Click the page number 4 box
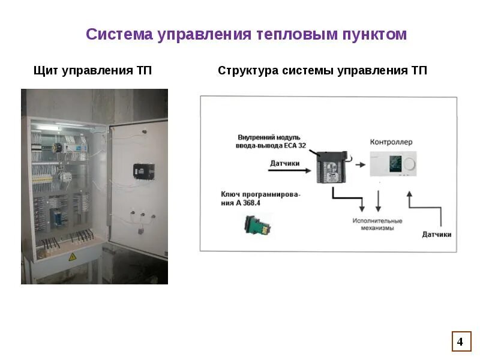point(460,341)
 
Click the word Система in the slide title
point(119,34)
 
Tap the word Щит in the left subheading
point(47,71)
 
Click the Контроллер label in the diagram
point(391,142)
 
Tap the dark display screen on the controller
point(394,163)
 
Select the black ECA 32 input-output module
point(331,169)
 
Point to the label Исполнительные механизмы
point(377,224)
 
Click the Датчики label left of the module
point(284,163)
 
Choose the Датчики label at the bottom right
point(436,234)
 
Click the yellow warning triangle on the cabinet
point(72,257)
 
